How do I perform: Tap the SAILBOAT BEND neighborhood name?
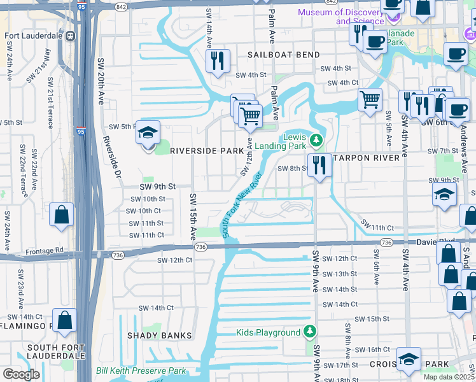click(x=284, y=55)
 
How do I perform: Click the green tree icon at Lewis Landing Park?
click(x=317, y=139)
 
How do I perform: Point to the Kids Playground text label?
click(x=268, y=332)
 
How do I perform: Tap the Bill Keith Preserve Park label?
click(x=141, y=371)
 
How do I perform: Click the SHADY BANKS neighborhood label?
click(x=159, y=336)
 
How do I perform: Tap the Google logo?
click(x=21, y=374)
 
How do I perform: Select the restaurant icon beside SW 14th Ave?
click(x=218, y=61)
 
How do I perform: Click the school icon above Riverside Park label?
click(x=148, y=133)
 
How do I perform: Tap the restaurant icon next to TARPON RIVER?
click(x=319, y=166)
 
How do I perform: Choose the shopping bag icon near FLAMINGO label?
click(x=65, y=320)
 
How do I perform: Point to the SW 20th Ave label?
click(x=101, y=82)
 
